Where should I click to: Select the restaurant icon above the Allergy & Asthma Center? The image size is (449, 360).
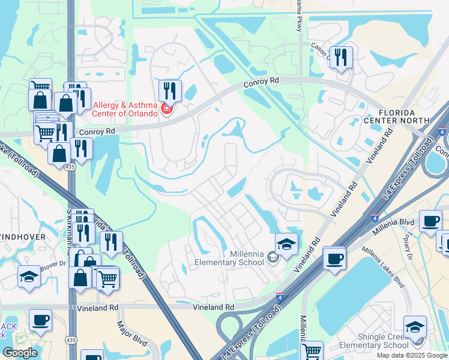click(x=170, y=91)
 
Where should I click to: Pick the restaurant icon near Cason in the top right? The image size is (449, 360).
click(x=341, y=58)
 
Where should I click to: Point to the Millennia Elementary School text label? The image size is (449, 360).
click(x=229, y=259)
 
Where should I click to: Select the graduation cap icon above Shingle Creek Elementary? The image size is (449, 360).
click(x=415, y=327)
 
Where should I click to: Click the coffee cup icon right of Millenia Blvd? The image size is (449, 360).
click(x=430, y=221)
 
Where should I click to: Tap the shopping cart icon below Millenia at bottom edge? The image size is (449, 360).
click(x=311, y=351)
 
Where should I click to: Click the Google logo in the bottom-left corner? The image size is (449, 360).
click(x=20, y=353)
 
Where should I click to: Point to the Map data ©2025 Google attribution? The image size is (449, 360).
click(x=412, y=355)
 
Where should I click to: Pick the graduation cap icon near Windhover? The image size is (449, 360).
click(x=29, y=277)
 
